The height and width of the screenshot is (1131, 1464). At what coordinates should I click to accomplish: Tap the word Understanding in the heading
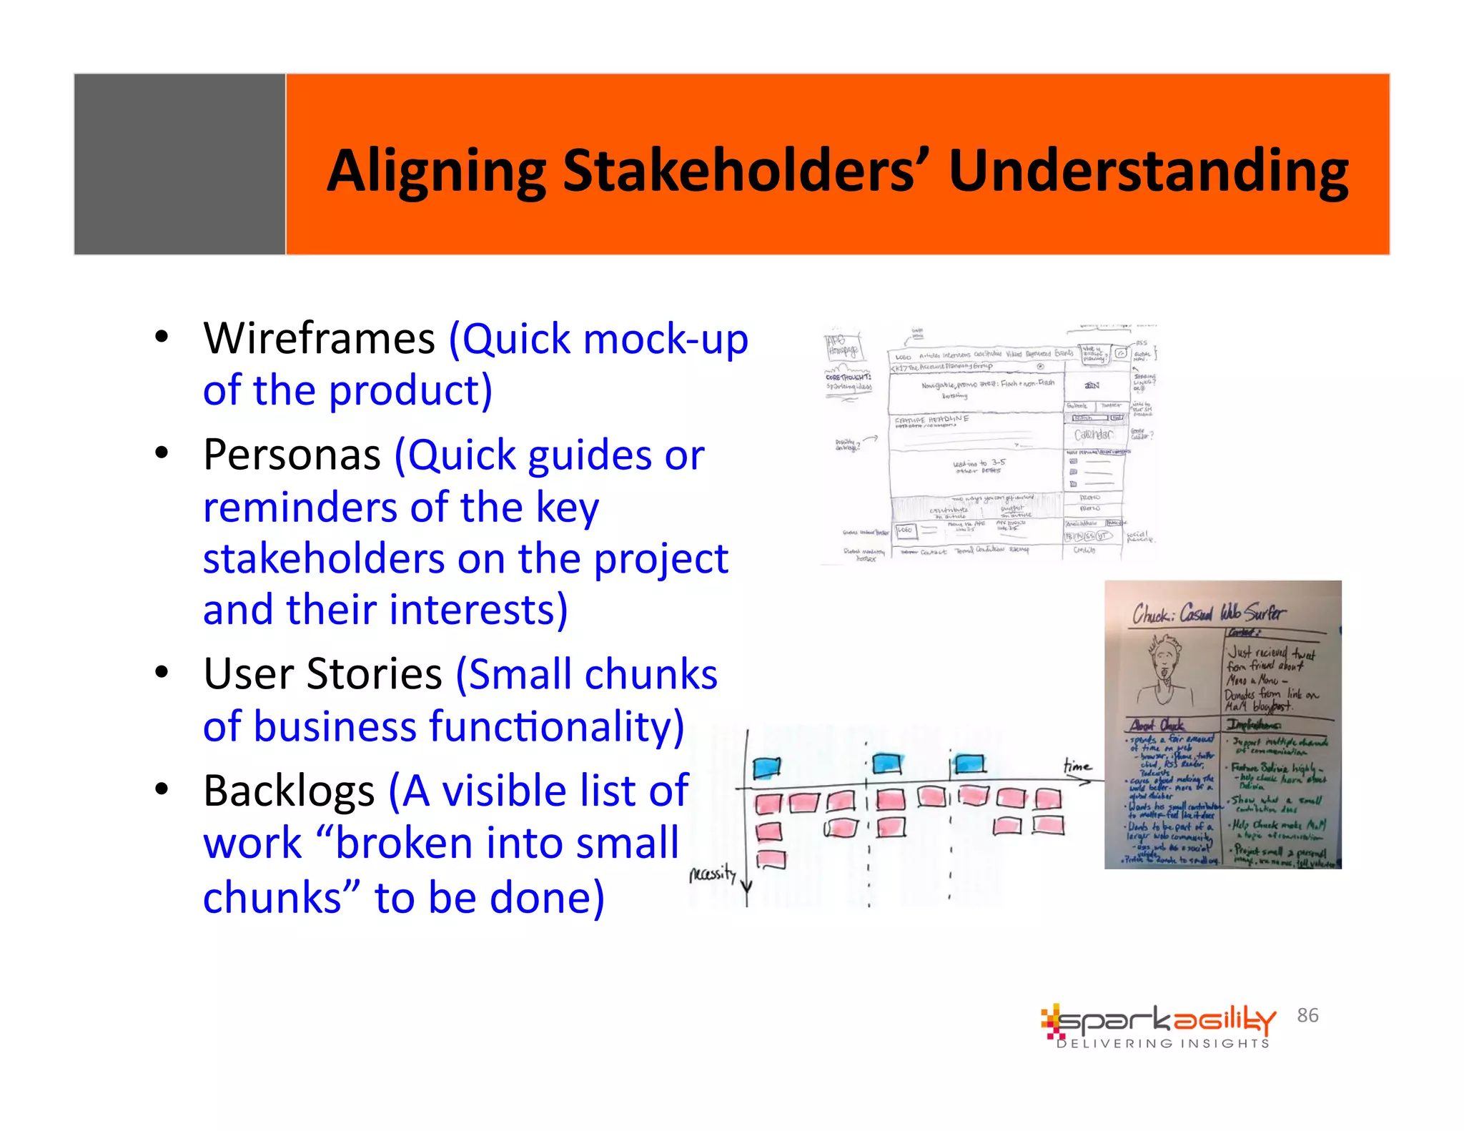click(x=1148, y=172)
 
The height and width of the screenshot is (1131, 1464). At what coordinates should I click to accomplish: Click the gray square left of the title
click(x=179, y=164)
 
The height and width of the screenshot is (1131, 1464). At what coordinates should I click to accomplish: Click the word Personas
click(x=292, y=455)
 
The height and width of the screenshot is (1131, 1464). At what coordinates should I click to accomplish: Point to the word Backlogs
click(x=289, y=791)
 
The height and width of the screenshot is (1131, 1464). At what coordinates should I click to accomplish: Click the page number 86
click(x=1307, y=1015)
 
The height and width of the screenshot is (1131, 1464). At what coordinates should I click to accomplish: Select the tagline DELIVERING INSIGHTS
click(x=1163, y=1044)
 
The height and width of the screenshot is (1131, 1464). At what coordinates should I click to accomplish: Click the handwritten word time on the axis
click(x=1077, y=766)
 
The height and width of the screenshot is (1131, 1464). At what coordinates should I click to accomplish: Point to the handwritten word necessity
click(x=712, y=874)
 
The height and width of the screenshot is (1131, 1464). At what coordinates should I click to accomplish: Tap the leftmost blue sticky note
click(x=766, y=768)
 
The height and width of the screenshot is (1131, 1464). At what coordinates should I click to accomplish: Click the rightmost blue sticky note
click(x=970, y=764)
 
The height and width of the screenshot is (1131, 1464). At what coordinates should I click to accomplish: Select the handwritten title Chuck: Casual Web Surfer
click(x=1207, y=613)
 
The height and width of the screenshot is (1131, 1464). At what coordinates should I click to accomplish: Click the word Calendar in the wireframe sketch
click(x=1092, y=435)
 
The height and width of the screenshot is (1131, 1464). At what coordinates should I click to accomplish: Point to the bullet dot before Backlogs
click(x=162, y=789)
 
